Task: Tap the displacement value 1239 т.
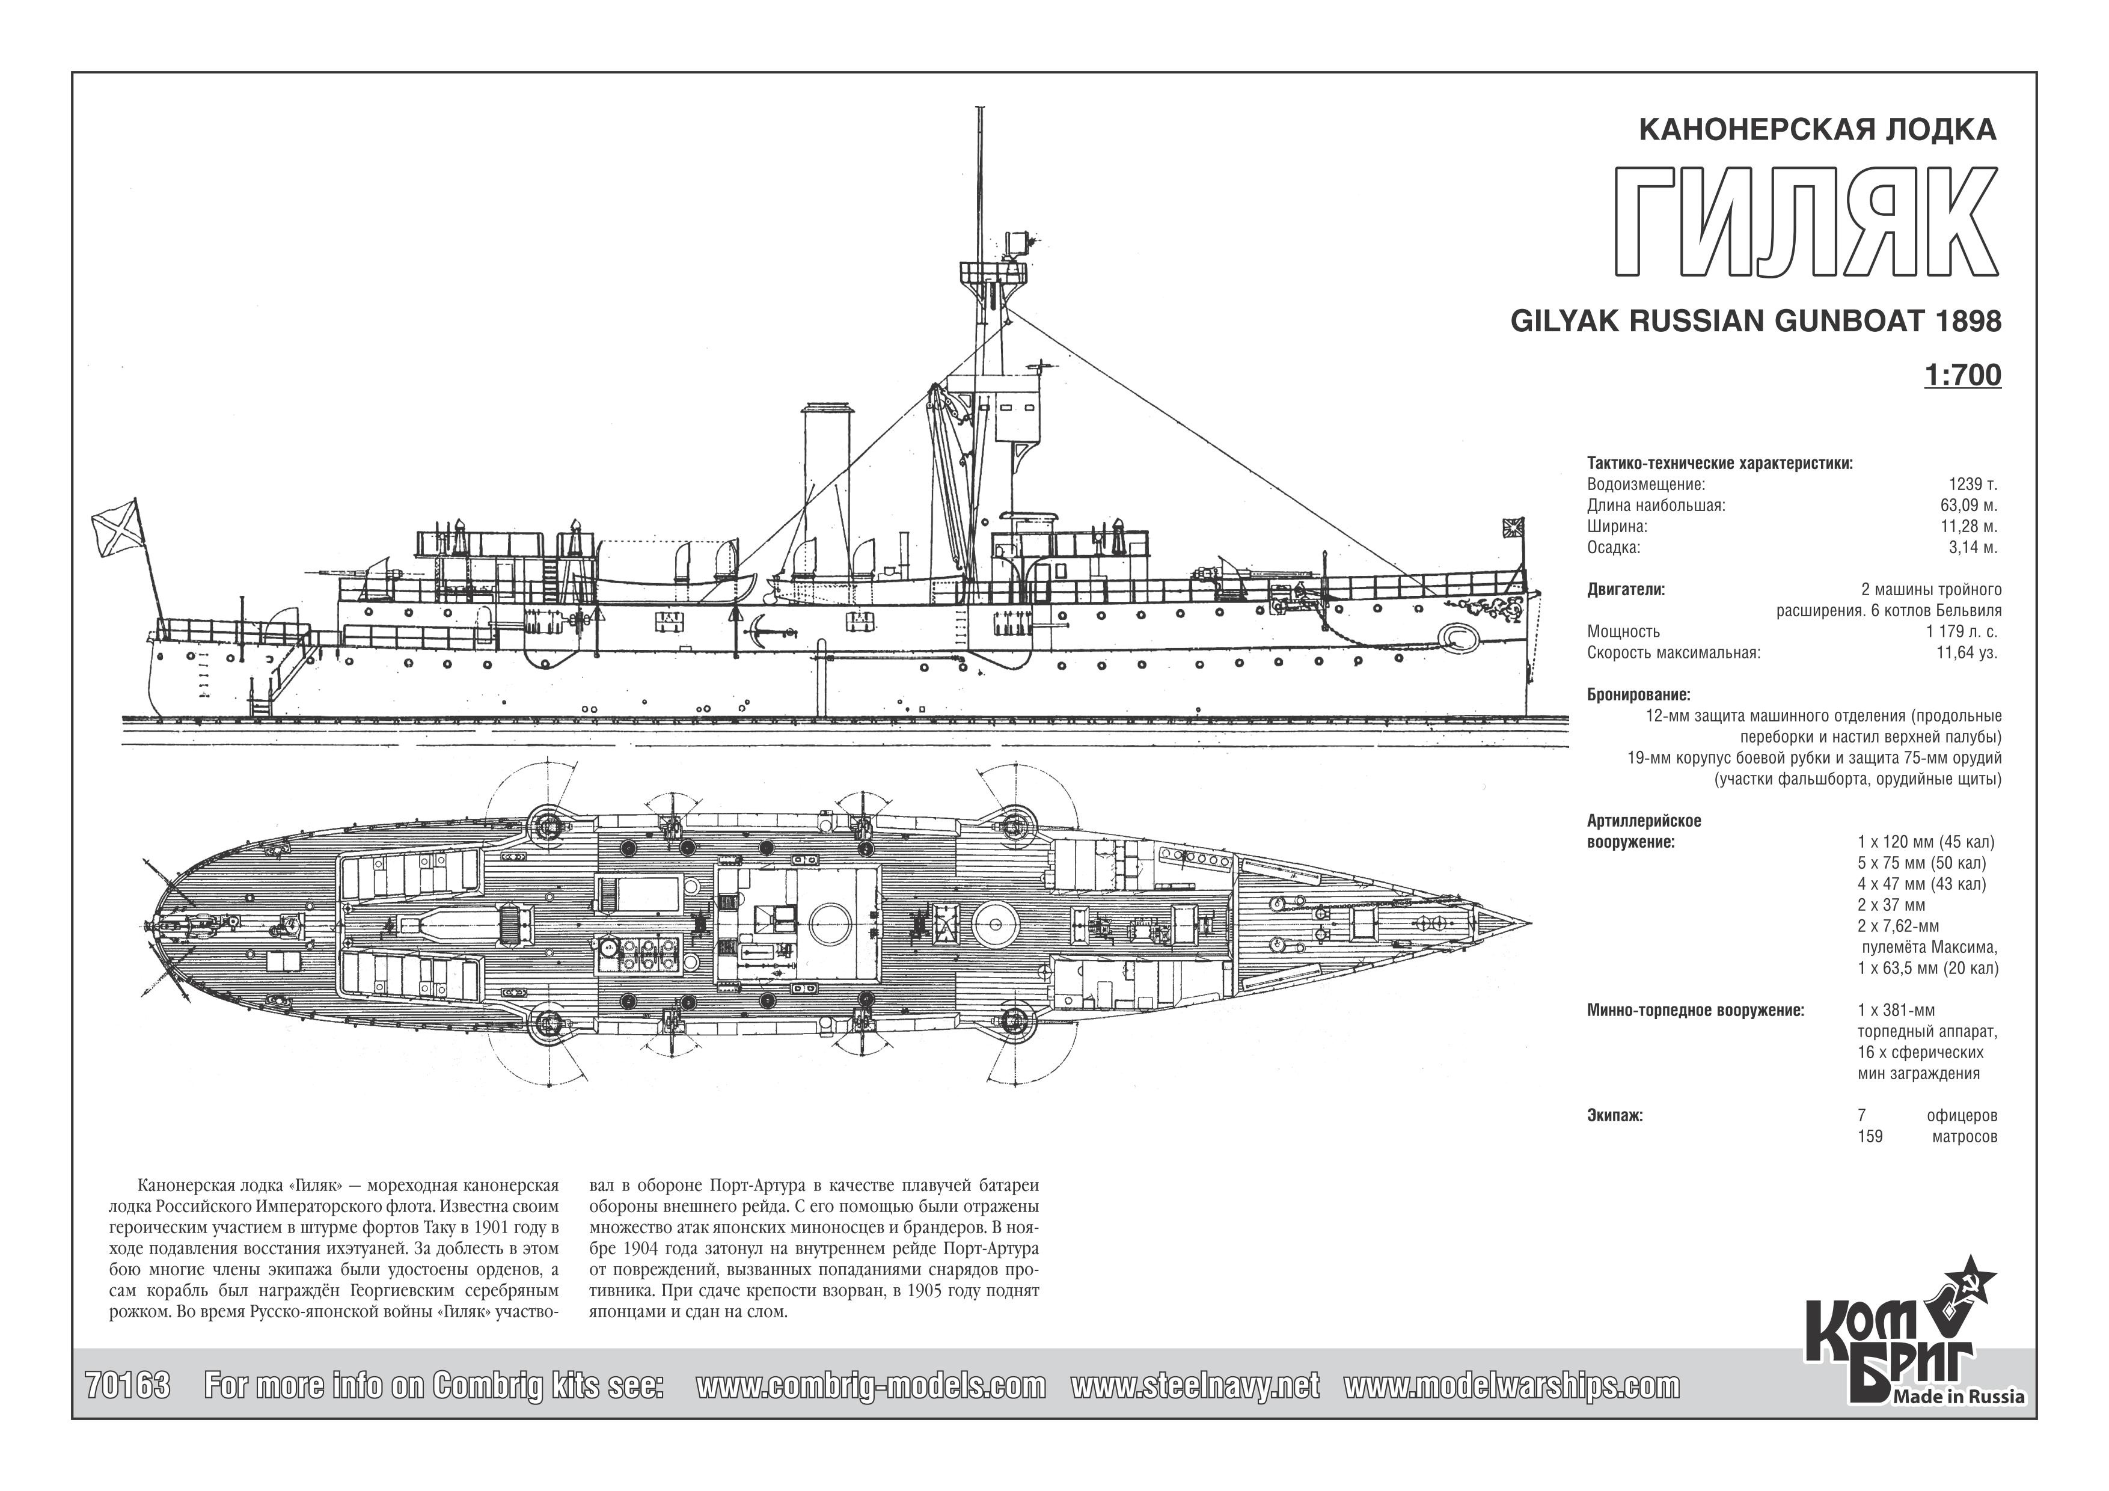pyautogui.click(x=1973, y=484)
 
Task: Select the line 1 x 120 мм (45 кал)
pyautogui.click(x=1925, y=842)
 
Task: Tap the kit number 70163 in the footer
pyautogui.click(x=127, y=1385)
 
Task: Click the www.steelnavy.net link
pyautogui.click(x=1195, y=1385)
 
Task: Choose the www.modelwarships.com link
pyautogui.click(x=1512, y=1385)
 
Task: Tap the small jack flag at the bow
pyautogui.click(x=1513, y=527)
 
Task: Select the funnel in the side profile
pyautogui.click(x=828, y=496)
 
